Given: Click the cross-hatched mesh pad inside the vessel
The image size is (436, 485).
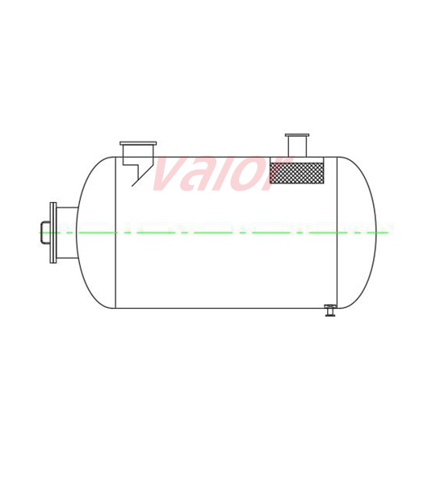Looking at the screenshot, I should [x=296, y=173].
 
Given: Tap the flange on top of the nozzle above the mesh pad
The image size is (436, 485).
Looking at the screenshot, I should [x=296, y=135].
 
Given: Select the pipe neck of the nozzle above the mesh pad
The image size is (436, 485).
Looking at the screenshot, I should [x=296, y=146].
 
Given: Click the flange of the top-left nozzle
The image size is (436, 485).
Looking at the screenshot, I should [x=138, y=143].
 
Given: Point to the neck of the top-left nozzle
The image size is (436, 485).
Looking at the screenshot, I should [x=138, y=153].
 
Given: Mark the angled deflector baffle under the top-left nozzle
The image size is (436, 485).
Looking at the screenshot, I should [x=143, y=175].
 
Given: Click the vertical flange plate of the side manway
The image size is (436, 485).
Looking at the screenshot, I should [x=53, y=233].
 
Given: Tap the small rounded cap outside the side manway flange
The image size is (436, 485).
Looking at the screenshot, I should [x=44, y=233].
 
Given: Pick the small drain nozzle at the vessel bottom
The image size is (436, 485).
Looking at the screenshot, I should [x=329, y=310].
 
